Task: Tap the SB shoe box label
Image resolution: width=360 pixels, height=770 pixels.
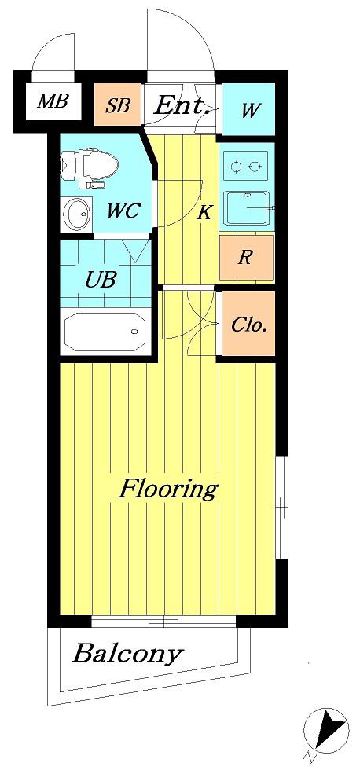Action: pos(118,105)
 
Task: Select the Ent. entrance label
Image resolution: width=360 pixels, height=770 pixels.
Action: pos(182,105)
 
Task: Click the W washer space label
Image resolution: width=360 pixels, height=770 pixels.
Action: pos(250,111)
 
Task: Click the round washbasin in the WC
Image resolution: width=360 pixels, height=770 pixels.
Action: pos(78,214)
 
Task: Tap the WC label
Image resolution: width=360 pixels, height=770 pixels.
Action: pos(124,211)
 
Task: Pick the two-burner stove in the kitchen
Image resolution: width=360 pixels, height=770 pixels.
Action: pos(245,167)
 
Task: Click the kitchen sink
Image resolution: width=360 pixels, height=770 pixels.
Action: pos(247,207)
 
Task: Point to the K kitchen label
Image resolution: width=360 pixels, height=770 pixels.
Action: pos(204,213)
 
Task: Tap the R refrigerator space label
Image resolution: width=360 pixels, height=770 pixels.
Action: pos(245,258)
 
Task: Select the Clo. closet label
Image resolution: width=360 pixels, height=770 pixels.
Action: pos(249,324)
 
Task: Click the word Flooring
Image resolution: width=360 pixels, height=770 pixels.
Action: pos(168,489)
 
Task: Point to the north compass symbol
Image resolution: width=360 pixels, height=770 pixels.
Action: pos(326,731)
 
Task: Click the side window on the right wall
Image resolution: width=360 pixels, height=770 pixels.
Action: pos(281,507)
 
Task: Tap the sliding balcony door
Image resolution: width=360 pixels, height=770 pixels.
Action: pos(163,621)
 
